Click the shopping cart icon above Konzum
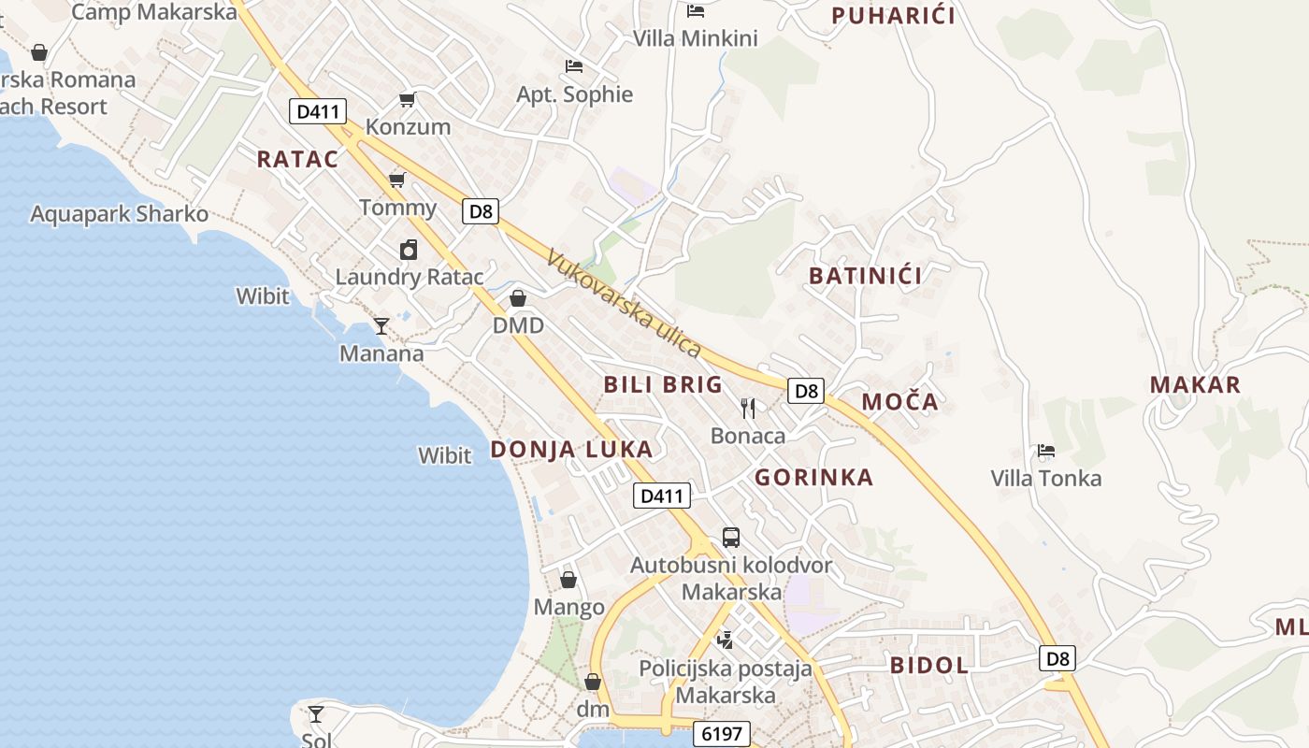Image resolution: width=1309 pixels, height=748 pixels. coord(407,99)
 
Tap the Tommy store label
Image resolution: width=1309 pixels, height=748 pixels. coord(398,208)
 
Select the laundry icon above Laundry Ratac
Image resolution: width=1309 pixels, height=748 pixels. coord(409,250)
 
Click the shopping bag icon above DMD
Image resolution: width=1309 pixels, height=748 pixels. coord(518,298)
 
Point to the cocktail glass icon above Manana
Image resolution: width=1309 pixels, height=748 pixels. coord(381,325)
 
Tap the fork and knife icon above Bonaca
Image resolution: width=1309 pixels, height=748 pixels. coord(748,409)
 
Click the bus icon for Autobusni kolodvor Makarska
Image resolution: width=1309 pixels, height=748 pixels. coord(731,538)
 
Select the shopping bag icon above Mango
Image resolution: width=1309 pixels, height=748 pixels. coord(568,580)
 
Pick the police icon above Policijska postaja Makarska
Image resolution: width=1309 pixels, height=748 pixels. coord(725,640)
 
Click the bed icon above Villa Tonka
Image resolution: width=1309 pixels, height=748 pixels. coord(1046,452)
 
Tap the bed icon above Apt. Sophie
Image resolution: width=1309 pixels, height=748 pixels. coord(574,66)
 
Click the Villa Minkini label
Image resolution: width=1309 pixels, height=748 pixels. coord(696,38)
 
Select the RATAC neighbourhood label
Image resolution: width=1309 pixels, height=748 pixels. coord(297,159)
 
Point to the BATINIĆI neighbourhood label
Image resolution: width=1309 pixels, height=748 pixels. coord(866,276)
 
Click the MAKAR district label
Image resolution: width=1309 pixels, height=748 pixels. coord(1195,384)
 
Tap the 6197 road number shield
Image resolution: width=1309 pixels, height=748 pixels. coord(723,734)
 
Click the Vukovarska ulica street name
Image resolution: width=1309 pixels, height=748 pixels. coord(624,304)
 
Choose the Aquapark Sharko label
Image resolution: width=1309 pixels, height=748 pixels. coord(119,214)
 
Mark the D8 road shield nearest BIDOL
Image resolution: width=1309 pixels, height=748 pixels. coord(1057,658)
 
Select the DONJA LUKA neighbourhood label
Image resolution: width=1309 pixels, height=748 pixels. coord(571,450)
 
